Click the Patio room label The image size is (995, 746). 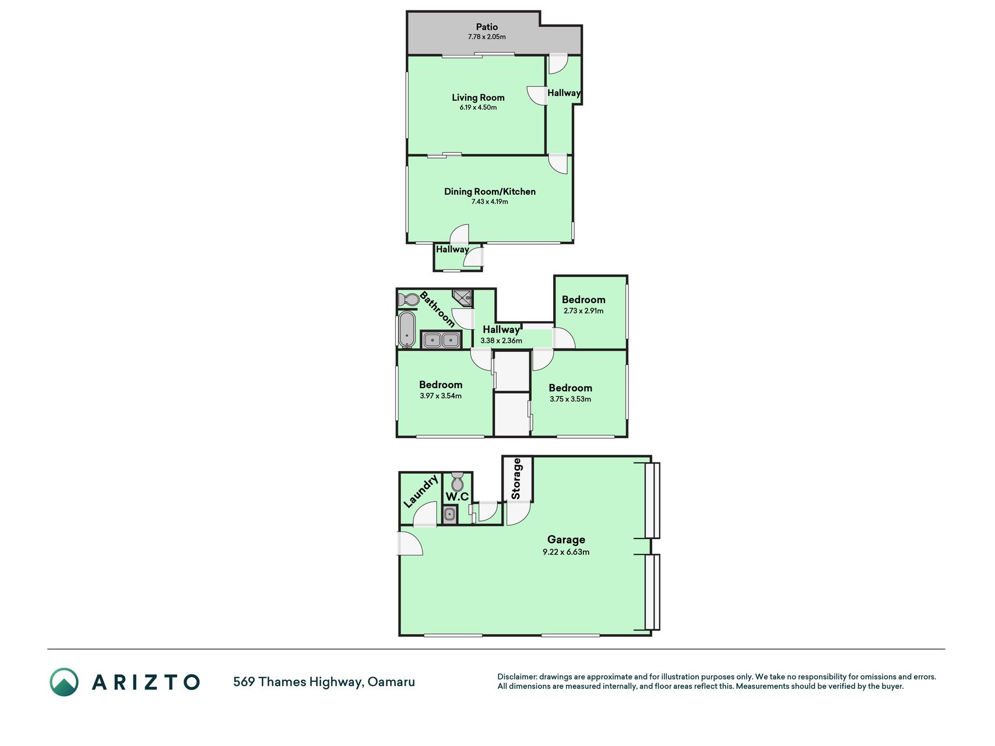point(487,27)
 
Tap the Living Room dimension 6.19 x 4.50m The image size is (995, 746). point(478,107)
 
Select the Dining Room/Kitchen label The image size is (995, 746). point(490,191)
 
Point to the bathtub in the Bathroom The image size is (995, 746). point(407,329)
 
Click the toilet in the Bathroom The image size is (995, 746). point(409,300)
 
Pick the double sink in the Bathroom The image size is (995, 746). point(441,340)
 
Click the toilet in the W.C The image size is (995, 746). point(457,481)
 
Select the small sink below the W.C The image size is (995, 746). point(449,515)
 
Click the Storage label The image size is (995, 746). point(516,478)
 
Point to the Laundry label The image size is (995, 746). point(421,491)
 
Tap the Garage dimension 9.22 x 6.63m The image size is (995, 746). point(566,552)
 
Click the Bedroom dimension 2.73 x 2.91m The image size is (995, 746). point(583,311)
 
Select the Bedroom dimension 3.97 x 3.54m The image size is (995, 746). point(441,396)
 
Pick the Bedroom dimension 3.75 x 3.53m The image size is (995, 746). point(570,399)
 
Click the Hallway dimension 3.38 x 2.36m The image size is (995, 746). point(501,341)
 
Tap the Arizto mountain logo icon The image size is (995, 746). point(64,682)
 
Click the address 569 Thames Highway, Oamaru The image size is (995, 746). point(324,682)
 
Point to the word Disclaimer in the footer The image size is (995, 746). point(516,677)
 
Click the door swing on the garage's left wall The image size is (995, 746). point(410,543)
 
